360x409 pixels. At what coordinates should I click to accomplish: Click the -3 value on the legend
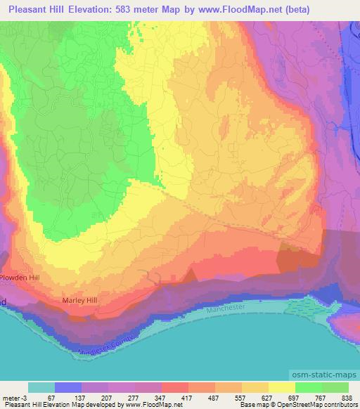click(x=25, y=397)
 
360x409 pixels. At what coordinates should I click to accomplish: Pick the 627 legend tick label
click(x=268, y=397)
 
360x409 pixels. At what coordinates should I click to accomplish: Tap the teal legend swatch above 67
click(x=41, y=387)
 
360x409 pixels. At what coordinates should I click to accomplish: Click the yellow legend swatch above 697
click(x=281, y=387)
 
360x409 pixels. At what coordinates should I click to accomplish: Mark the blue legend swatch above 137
click(x=68, y=387)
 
